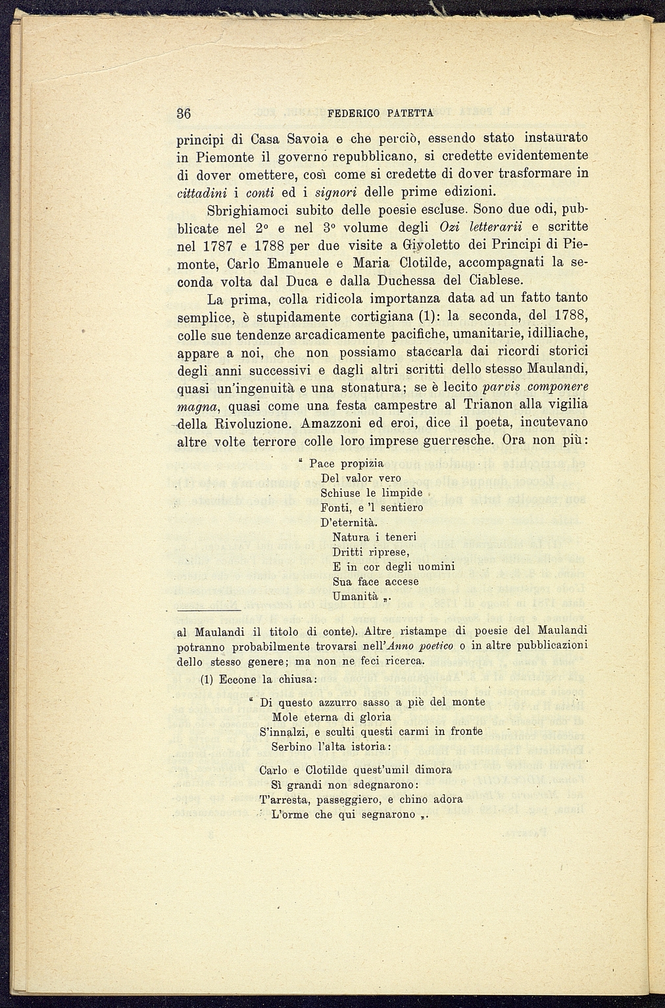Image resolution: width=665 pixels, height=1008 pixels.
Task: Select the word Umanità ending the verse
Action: (x=355, y=597)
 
